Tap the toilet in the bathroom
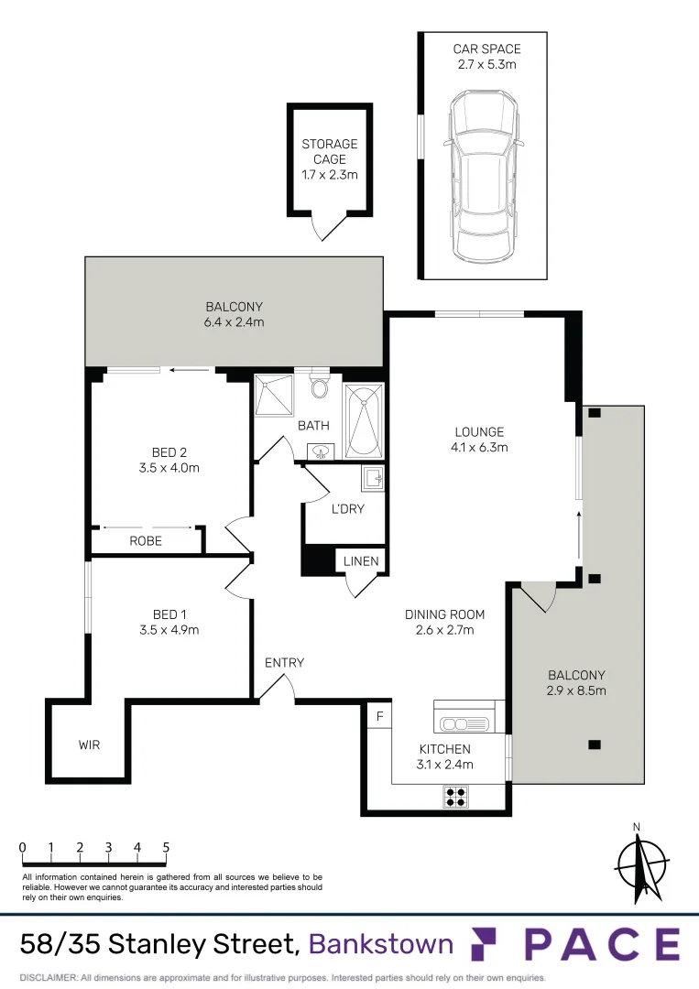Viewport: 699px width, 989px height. [x=319, y=386]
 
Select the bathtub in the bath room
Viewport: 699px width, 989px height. [x=363, y=419]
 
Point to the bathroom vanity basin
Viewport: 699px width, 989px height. [x=321, y=451]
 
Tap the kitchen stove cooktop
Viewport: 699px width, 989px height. [x=456, y=797]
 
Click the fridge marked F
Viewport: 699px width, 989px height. [x=377, y=715]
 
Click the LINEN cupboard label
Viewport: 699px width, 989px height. [x=360, y=561]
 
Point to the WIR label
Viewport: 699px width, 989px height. [x=89, y=744]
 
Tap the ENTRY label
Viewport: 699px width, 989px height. [x=284, y=663]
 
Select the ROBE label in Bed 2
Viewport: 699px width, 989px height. [x=146, y=541]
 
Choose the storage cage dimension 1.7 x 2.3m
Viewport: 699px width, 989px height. [x=330, y=175]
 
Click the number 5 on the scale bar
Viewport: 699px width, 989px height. [x=166, y=847]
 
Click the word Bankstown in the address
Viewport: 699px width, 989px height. [x=381, y=943]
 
